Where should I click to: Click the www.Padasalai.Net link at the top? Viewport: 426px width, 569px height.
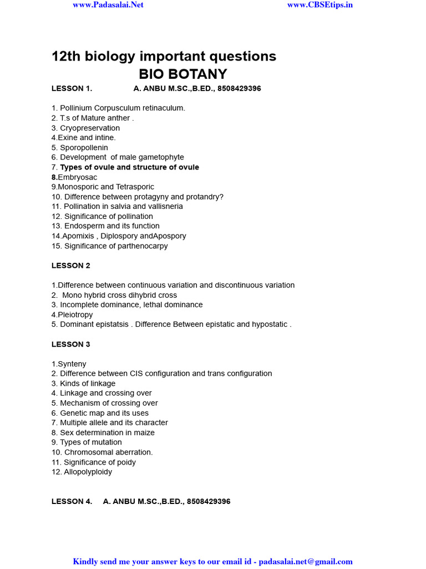click(108, 4)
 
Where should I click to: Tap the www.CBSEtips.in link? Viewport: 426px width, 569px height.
click(320, 4)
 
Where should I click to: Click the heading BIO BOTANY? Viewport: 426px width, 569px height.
click(182, 74)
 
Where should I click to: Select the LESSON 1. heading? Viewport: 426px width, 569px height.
click(72, 88)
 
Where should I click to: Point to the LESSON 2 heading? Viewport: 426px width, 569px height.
click(71, 266)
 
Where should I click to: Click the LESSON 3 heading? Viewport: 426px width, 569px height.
click(71, 345)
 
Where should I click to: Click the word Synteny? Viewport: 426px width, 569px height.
click(72, 364)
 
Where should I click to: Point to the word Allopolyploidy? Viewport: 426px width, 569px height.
click(88, 472)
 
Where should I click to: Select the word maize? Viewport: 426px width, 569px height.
click(144, 433)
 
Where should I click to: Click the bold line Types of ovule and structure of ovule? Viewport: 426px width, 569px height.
click(129, 167)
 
